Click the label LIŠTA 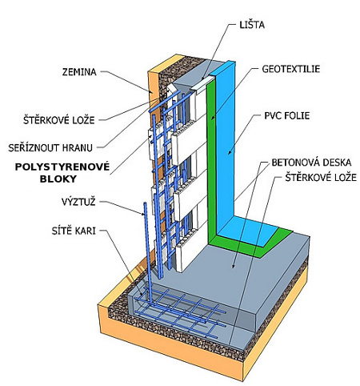pyautogui.click(x=252, y=25)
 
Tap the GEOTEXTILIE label pyautogui.click(x=291, y=69)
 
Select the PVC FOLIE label pyautogui.click(x=287, y=115)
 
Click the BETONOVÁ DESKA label pyautogui.click(x=311, y=163)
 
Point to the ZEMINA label pyautogui.click(x=79, y=72)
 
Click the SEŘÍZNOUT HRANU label pyautogui.click(x=50, y=147)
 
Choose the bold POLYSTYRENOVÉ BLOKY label pyautogui.click(x=62, y=172)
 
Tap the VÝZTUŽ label pyautogui.click(x=78, y=202)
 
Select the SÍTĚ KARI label pyautogui.click(x=74, y=231)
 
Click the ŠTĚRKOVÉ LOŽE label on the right pyautogui.click(x=321, y=178)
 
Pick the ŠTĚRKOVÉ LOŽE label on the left pyautogui.click(x=59, y=120)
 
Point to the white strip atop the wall pyautogui.click(x=203, y=84)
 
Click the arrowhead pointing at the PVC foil pyautogui.click(x=230, y=152)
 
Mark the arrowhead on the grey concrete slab pyautogui.click(x=234, y=265)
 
